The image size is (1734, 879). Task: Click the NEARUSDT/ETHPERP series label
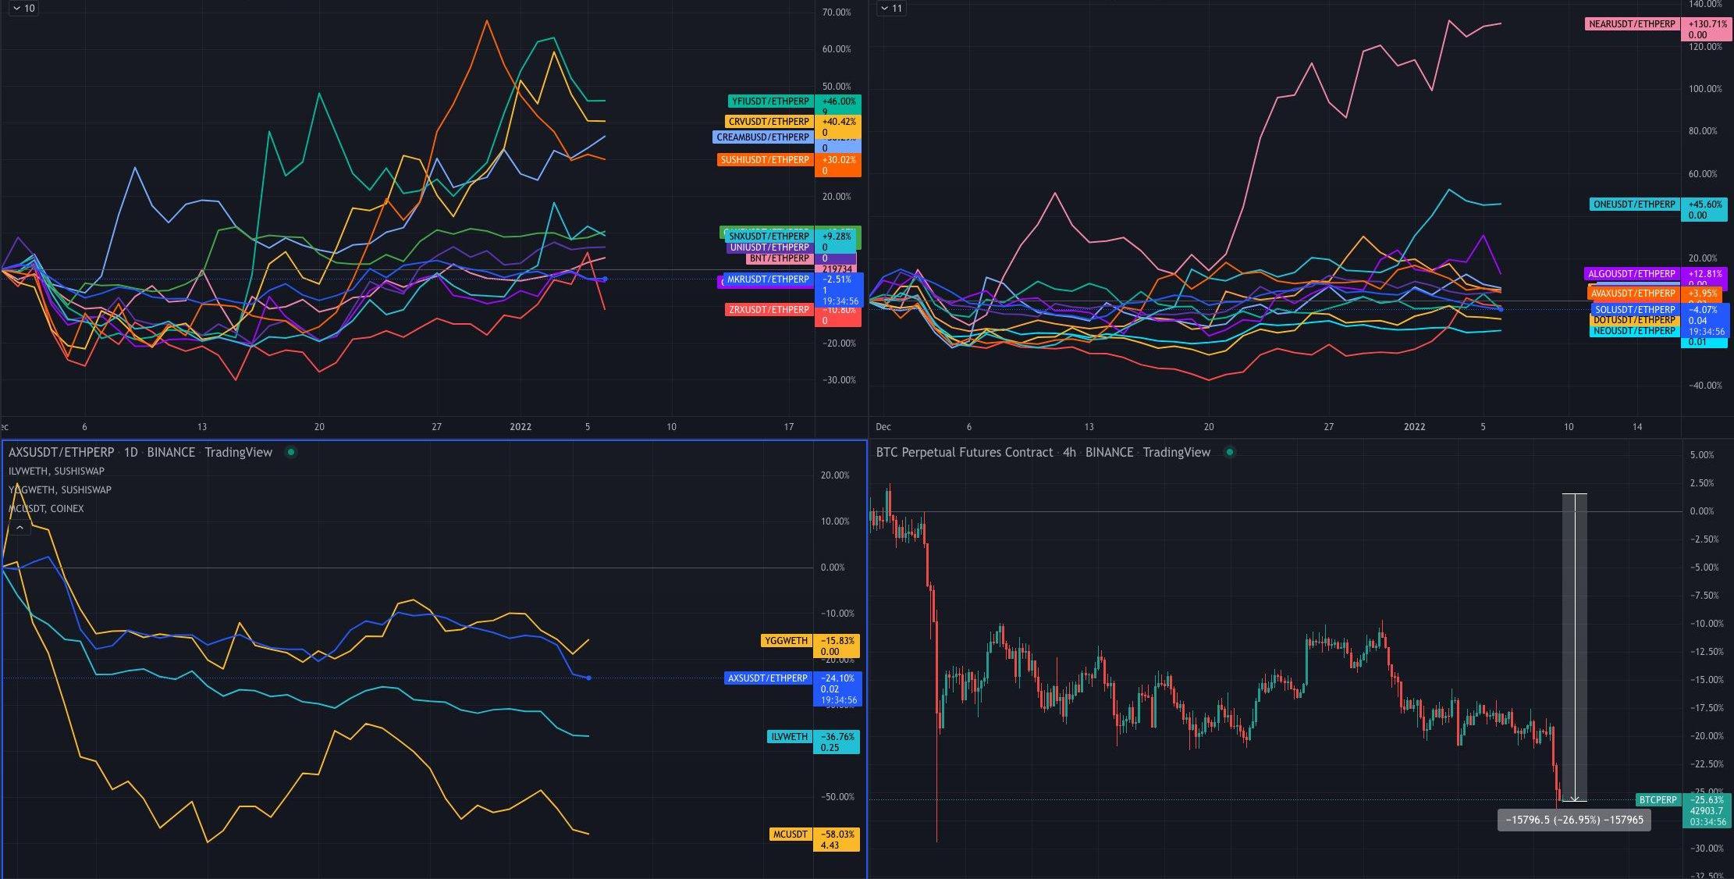[x=1632, y=24]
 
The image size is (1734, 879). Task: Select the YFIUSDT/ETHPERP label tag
[x=770, y=101]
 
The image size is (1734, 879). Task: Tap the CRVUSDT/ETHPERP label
[x=769, y=122]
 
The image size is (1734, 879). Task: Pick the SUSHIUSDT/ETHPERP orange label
[x=765, y=160]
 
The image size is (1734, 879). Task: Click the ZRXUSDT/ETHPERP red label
[x=769, y=310]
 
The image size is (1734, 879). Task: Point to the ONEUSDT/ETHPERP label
[x=1634, y=205]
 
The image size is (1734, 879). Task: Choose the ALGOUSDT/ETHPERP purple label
[x=1632, y=274]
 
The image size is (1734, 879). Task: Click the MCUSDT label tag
[x=790, y=835]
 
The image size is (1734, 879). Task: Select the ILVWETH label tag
[x=789, y=737]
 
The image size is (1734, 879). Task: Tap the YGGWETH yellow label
[x=786, y=641]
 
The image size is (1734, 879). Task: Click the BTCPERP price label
[x=1658, y=800]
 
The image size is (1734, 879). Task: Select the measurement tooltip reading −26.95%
[x=1573, y=820]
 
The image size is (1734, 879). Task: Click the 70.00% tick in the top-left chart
[x=837, y=12]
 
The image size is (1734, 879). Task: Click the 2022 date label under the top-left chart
[x=520, y=427]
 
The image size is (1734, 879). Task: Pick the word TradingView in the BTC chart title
[x=1176, y=453]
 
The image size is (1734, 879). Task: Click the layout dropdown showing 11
[x=890, y=9]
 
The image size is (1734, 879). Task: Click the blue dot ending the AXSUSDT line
[x=588, y=678]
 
